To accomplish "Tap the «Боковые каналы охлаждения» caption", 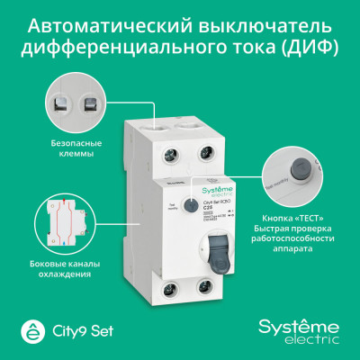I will point(69,267).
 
